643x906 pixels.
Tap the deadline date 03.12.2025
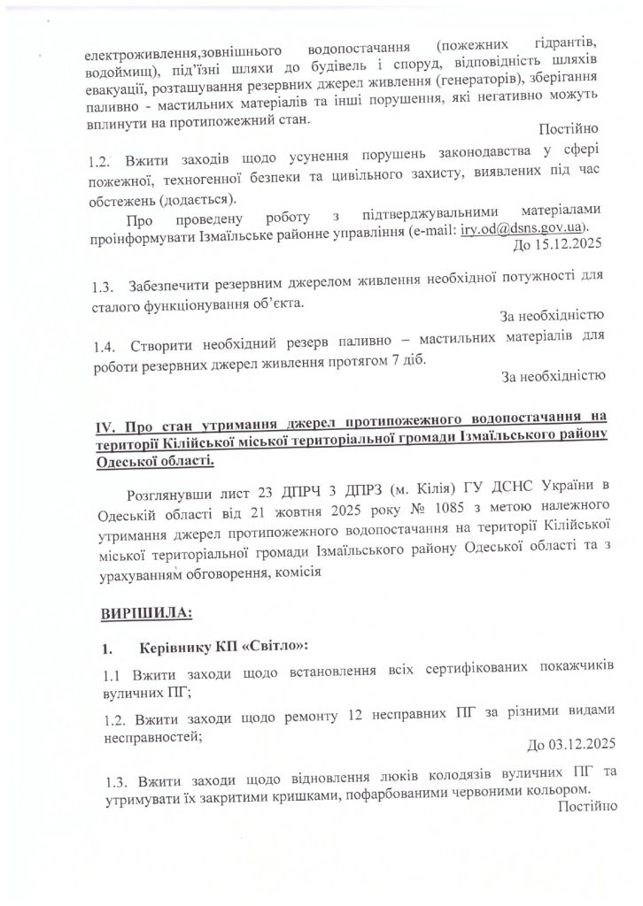[577, 741]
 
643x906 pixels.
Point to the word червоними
[486, 789]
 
